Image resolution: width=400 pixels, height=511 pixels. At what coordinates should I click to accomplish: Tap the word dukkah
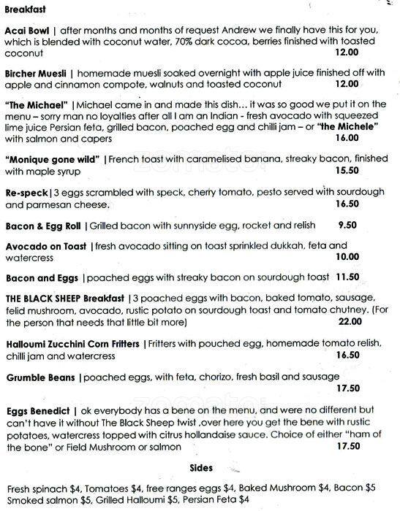(249, 247)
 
